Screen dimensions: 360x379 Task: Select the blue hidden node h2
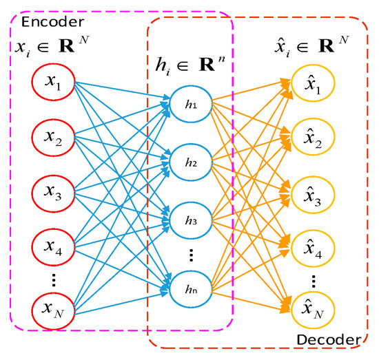pos(190,164)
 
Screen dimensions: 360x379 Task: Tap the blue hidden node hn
pos(190,289)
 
